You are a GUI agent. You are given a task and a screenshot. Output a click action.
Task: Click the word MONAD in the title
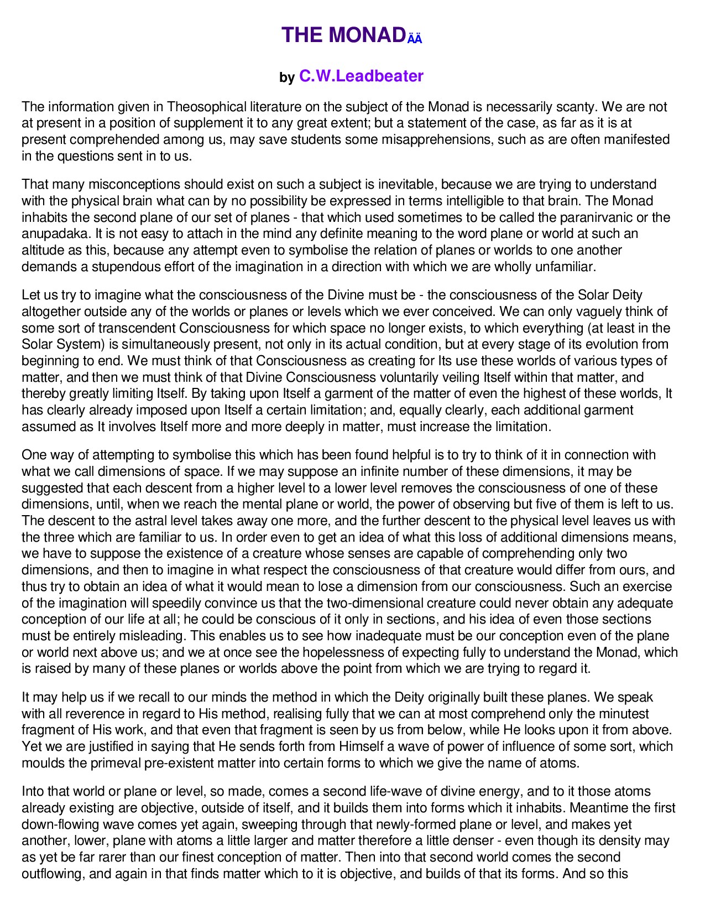tap(367, 35)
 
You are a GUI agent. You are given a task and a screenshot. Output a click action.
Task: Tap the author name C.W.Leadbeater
tap(361, 76)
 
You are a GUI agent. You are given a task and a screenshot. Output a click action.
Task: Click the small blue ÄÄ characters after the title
tap(415, 39)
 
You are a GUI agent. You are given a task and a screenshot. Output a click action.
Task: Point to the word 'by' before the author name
tap(287, 77)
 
